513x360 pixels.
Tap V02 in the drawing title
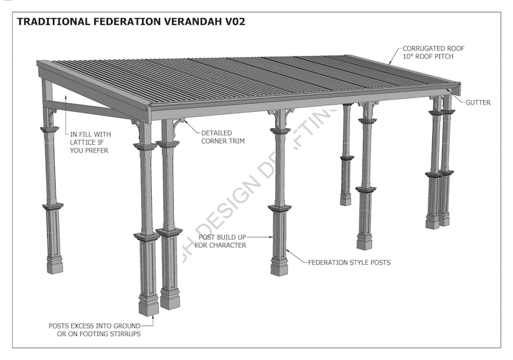pyautogui.click(x=233, y=21)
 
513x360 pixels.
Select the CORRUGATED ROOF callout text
pyautogui.click(x=433, y=48)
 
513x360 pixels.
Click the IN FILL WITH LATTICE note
pyautogui.click(x=89, y=142)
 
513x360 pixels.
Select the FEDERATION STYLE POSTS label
pyautogui.click(x=349, y=263)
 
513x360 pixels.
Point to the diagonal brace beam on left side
pyautogui.click(x=90, y=109)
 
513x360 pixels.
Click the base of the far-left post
pyautogui.click(x=55, y=265)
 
